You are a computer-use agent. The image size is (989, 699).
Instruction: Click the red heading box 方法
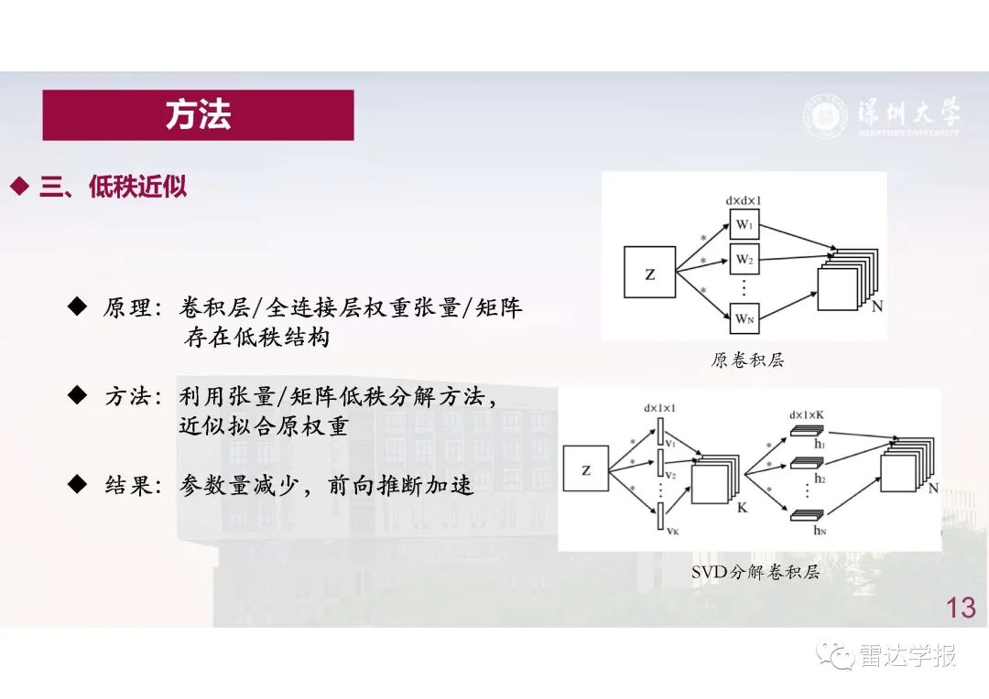click(x=198, y=115)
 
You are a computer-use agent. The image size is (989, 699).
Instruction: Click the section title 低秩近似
click(x=137, y=188)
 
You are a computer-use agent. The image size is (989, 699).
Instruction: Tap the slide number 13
click(x=961, y=608)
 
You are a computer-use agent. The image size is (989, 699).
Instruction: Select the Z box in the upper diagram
click(x=649, y=273)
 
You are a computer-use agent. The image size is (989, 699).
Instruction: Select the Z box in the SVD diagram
click(x=585, y=470)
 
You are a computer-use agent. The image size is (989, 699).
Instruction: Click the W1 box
click(x=744, y=225)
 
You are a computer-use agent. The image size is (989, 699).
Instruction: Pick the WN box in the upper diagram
click(x=744, y=319)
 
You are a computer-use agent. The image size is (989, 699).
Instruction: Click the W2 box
click(x=744, y=259)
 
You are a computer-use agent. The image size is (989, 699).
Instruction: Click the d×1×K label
click(x=806, y=414)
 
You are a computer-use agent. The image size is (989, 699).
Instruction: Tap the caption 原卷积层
click(x=747, y=360)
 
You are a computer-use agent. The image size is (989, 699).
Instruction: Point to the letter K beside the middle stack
click(x=742, y=506)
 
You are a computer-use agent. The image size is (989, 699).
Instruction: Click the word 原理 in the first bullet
click(x=126, y=308)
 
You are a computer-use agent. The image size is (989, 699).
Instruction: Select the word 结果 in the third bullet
click(x=126, y=486)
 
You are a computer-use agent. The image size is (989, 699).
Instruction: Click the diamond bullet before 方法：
click(x=78, y=394)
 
